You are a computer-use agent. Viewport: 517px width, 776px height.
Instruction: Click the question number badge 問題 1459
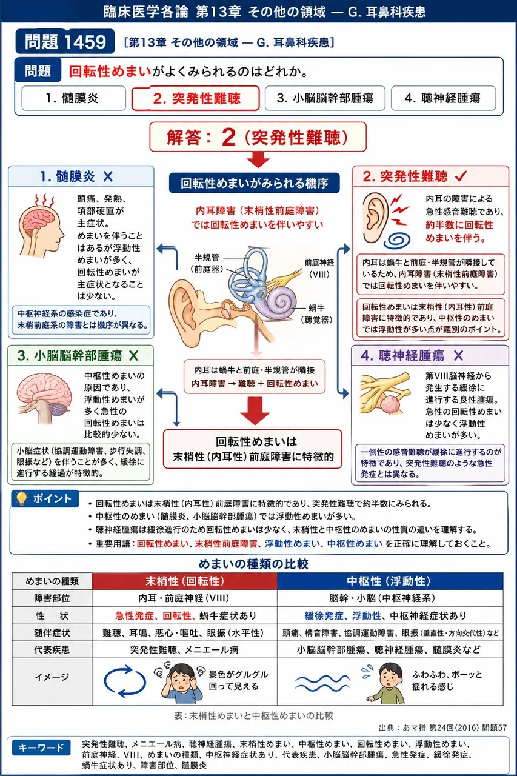click(x=65, y=42)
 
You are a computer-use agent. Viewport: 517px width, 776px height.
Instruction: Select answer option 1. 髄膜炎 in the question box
click(x=73, y=98)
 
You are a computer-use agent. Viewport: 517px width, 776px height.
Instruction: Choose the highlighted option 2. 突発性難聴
click(x=196, y=98)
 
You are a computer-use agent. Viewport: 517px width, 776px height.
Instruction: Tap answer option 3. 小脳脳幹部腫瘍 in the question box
click(x=325, y=98)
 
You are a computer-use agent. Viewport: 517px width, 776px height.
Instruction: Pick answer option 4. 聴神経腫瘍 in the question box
click(x=443, y=98)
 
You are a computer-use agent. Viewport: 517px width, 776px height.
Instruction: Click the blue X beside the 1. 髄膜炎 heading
click(x=108, y=176)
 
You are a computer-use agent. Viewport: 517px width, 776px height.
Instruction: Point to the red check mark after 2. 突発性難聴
click(x=461, y=176)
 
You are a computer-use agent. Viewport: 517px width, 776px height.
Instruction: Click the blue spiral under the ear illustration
click(x=399, y=239)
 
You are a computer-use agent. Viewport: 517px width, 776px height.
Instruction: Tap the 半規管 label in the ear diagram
click(x=207, y=258)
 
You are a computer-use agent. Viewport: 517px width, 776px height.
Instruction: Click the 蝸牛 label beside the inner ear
click(x=316, y=307)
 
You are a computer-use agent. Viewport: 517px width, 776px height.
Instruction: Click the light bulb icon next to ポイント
click(x=21, y=499)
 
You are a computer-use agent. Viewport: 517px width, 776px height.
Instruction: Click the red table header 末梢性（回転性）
click(x=185, y=581)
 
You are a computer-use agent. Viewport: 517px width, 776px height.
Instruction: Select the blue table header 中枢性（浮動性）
click(x=390, y=581)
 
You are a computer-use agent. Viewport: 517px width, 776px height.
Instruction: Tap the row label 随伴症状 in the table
click(x=52, y=633)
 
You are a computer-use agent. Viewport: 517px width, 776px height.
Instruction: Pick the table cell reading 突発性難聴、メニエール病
click(x=185, y=649)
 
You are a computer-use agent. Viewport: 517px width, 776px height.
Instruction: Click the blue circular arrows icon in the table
click(x=124, y=681)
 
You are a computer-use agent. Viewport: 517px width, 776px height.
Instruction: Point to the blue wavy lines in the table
click(x=322, y=683)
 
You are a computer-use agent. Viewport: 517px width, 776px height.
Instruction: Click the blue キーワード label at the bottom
click(x=41, y=748)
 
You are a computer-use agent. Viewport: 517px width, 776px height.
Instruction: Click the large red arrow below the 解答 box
click(x=258, y=159)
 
